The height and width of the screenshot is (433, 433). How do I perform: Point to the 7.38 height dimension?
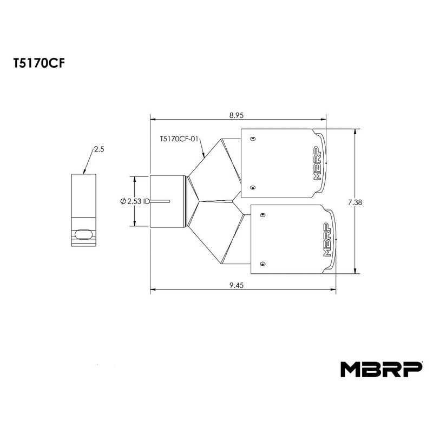pyautogui.click(x=356, y=202)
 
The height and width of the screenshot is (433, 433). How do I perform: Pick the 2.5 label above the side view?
pyautogui.click(x=99, y=149)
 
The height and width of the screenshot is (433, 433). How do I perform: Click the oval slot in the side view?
pyautogui.click(x=84, y=234)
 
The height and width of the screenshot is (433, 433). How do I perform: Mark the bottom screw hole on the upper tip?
pyautogui.click(x=253, y=187)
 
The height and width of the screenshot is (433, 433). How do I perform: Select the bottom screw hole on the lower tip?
pyautogui.click(x=263, y=264)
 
